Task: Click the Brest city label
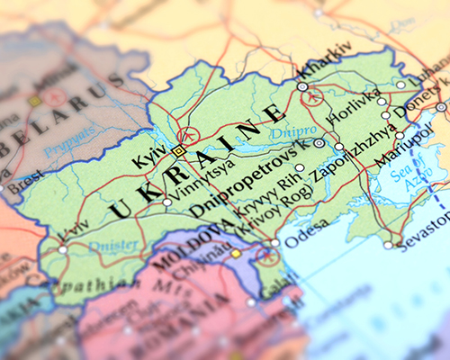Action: click(x=24, y=178)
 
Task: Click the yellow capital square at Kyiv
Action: click(x=179, y=151)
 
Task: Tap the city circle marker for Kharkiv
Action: click(x=303, y=86)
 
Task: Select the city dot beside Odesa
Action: click(x=274, y=243)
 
